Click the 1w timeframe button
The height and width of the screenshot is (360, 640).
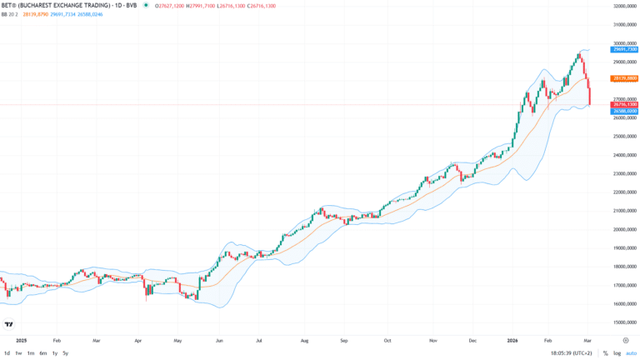pyautogui.click(x=18, y=353)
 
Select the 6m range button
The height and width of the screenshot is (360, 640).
pyautogui.click(x=42, y=353)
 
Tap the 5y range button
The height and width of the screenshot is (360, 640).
pyautogui.click(x=65, y=353)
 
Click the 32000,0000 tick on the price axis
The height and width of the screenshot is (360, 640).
pyautogui.click(x=625, y=6)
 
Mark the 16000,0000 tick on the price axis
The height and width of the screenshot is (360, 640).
pyautogui.click(x=625, y=304)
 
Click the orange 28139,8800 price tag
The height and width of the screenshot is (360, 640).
pyautogui.click(x=624, y=78)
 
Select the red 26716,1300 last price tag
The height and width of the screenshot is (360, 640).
pyautogui.click(x=624, y=104)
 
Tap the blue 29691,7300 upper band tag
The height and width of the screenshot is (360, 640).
pyautogui.click(x=624, y=50)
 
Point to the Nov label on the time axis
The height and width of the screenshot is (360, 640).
pyautogui.click(x=432, y=341)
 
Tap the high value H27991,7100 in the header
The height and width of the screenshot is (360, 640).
pyautogui.click(x=200, y=5)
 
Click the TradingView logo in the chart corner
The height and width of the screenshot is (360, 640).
pyautogui.click(x=9, y=324)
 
